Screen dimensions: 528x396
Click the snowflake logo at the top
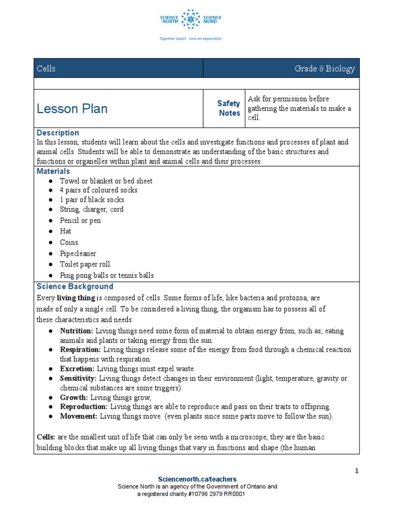pyautogui.click(x=190, y=19)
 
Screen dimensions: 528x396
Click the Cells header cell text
pyautogui.click(x=46, y=69)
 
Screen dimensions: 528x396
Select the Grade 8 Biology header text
pyautogui.click(x=324, y=69)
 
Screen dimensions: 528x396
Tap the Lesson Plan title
pyautogui.click(x=72, y=108)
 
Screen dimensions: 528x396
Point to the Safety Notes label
pyautogui.click(x=228, y=108)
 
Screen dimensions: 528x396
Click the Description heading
pyautogui.click(x=58, y=133)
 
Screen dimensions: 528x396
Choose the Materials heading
pyautogui.click(x=54, y=171)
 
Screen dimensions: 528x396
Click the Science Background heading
pyautogui.click(x=75, y=286)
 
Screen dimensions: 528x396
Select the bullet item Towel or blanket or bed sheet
pyautogui.click(x=106, y=181)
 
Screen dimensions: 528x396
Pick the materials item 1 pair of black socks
pyautogui.click(x=92, y=200)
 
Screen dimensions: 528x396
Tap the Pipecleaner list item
pyautogui.click(x=78, y=253)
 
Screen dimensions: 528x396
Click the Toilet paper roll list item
pyautogui.click(x=85, y=264)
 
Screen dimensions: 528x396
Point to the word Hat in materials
pyautogui.click(x=65, y=231)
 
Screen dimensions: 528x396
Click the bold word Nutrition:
pyautogui.click(x=76, y=331)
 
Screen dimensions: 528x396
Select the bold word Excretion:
pyautogui.click(x=77, y=369)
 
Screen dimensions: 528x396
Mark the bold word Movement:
pyautogui.click(x=78, y=416)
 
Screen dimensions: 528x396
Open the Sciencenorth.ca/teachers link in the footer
pyautogui.click(x=197, y=479)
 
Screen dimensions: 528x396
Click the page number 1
pyautogui.click(x=356, y=471)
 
